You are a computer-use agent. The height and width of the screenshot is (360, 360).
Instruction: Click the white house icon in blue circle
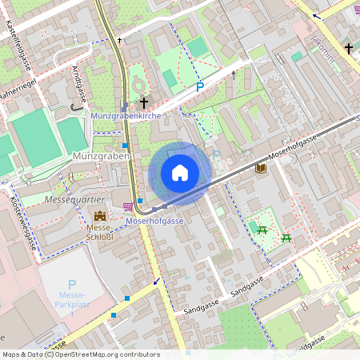tap(180, 173)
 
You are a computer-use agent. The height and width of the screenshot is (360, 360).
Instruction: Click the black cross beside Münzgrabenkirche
tap(144, 102)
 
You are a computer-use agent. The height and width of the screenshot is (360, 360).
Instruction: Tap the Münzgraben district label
tap(100, 156)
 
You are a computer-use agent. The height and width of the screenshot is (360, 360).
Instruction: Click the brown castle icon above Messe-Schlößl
tap(100, 216)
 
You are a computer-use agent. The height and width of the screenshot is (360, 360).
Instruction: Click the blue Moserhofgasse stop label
tap(155, 220)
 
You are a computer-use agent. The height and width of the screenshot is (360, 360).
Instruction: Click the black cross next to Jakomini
tap(349, 49)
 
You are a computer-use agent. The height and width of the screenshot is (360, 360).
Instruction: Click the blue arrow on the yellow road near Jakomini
tap(317, 15)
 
